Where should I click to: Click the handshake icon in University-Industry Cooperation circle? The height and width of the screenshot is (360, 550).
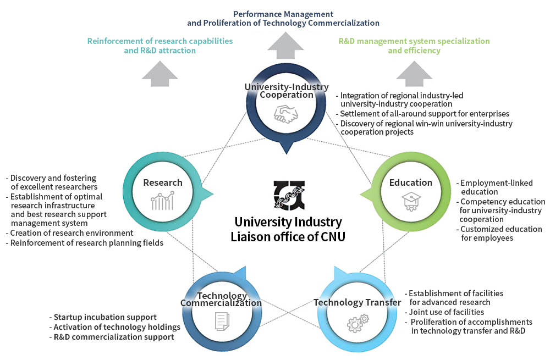pos(286,114)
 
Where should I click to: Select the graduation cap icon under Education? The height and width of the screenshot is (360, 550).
pos(410,202)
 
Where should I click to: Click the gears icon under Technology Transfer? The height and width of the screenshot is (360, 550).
pos(358,323)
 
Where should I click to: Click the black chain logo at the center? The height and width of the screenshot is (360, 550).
pos(289,195)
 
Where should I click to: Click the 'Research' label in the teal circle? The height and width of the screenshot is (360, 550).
pos(163,182)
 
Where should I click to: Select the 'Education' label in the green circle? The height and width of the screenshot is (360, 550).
pos(410,182)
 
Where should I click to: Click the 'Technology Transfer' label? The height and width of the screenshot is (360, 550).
pos(357,302)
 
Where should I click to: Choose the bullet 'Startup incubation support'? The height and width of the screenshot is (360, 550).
pos(105,317)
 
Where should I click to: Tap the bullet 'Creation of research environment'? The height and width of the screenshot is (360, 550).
pos(71,233)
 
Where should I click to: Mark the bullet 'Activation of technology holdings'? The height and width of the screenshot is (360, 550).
pos(117,327)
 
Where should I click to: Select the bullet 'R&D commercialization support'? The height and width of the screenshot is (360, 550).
pos(114,337)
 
